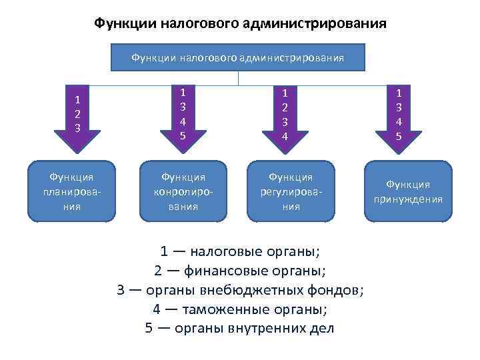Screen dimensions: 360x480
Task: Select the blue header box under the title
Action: (x=238, y=58)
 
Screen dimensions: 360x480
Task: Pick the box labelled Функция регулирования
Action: (x=290, y=191)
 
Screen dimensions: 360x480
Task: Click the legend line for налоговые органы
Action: (x=240, y=252)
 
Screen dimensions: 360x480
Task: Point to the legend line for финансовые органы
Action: (x=240, y=271)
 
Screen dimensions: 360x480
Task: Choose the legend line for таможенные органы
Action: (x=240, y=309)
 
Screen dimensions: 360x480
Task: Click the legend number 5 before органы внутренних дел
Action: (x=150, y=328)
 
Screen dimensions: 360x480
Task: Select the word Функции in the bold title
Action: (x=123, y=24)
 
